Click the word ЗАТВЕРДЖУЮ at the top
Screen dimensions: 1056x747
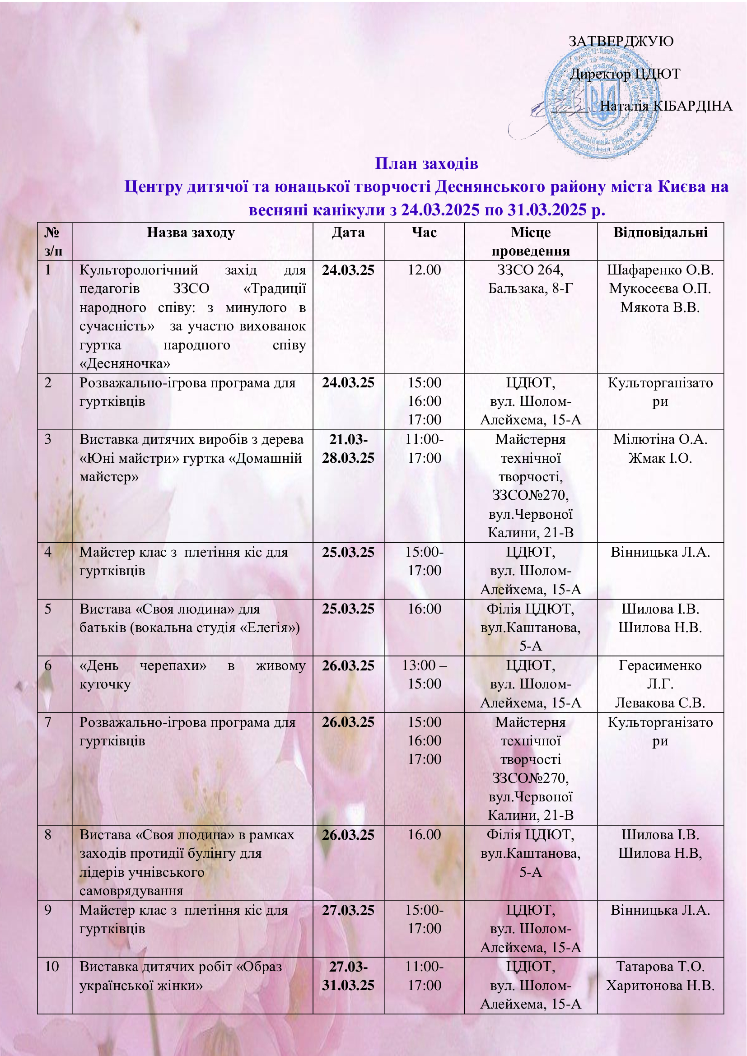click(621, 42)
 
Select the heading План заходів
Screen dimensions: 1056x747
click(426, 163)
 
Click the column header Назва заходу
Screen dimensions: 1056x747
click(191, 233)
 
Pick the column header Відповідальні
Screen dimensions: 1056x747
click(660, 233)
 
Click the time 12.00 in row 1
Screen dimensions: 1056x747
click(424, 270)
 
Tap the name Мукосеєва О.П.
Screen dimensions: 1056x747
click(660, 289)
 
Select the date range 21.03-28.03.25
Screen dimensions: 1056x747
click(348, 448)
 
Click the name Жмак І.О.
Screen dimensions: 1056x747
click(660, 458)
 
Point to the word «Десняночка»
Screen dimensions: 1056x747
click(125, 364)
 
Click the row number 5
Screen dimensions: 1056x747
click(48, 609)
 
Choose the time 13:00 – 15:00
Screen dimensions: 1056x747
click(424, 675)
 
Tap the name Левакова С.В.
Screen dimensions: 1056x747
click(660, 703)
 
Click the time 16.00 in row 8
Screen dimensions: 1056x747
click(424, 835)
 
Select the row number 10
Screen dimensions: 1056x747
click(51, 966)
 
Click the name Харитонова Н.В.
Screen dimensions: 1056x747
click(660, 985)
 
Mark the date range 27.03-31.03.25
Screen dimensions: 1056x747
click(348, 976)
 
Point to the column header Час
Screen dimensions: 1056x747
click(424, 233)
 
